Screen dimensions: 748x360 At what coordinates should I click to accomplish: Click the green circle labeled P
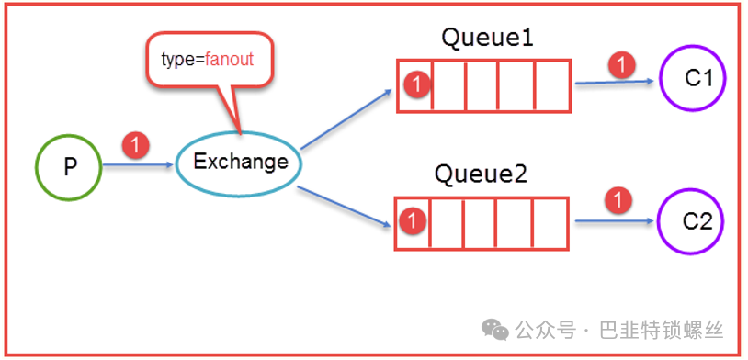click(36, 167)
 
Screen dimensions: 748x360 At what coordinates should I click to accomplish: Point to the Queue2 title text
click(481, 174)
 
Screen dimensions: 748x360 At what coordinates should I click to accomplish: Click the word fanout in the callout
click(229, 60)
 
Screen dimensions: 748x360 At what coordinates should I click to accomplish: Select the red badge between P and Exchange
click(136, 145)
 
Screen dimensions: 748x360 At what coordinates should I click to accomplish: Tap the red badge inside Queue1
click(416, 84)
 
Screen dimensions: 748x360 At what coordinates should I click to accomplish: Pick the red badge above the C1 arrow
click(621, 65)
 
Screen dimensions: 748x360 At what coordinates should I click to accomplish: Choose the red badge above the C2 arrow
click(618, 201)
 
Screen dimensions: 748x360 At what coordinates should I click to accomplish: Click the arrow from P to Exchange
click(139, 165)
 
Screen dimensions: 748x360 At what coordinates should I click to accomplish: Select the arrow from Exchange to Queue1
click(346, 118)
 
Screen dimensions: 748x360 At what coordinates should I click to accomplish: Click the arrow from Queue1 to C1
click(615, 82)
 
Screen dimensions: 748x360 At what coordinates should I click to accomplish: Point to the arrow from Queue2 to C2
click(614, 220)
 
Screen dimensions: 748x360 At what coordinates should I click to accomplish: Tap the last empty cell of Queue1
click(552, 85)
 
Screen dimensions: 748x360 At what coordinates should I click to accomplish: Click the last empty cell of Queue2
click(550, 223)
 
